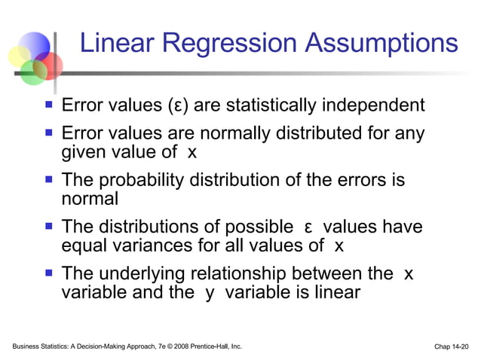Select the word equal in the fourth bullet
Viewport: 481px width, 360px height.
(x=82, y=246)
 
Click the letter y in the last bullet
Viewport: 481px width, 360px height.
(x=210, y=293)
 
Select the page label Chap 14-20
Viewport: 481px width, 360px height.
(x=451, y=346)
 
